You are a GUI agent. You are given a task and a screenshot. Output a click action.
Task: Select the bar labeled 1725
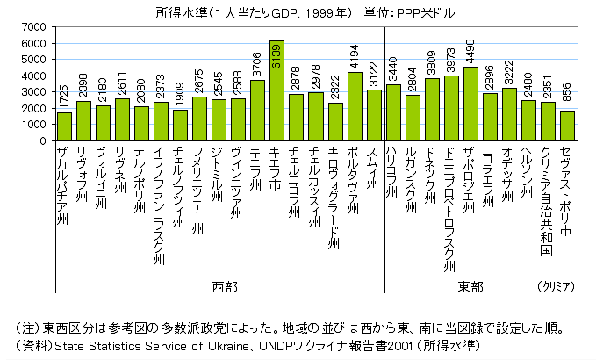[64, 126]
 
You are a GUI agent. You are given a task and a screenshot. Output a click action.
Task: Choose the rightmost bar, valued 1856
[567, 126]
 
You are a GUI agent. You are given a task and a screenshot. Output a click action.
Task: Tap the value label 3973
[451, 61]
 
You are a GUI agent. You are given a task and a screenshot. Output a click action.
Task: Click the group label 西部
[225, 287]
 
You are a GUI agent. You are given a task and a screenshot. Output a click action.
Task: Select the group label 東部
[470, 287]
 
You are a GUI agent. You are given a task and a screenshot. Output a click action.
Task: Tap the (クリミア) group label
[555, 287]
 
